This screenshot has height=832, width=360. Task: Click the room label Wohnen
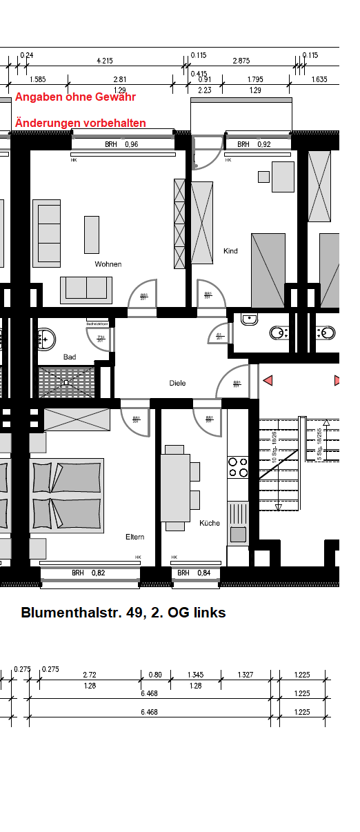click(108, 264)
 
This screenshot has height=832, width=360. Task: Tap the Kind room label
click(230, 251)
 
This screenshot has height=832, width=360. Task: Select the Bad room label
click(69, 357)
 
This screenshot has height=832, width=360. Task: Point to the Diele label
click(177, 383)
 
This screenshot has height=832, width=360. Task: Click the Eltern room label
click(134, 537)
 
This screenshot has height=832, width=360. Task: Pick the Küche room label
click(210, 523)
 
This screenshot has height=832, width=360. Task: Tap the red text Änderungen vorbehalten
click(81, 123)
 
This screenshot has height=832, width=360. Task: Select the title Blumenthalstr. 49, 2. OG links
click(123, 613)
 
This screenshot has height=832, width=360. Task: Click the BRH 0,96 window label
click(121, 145)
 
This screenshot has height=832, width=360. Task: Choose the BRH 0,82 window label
click(88, 573)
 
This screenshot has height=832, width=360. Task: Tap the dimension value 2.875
click(241, 61)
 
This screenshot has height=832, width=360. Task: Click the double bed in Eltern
click(66, 495)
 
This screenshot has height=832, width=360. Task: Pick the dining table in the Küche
click(176, 487)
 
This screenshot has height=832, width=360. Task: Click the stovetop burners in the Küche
click(238, 468)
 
